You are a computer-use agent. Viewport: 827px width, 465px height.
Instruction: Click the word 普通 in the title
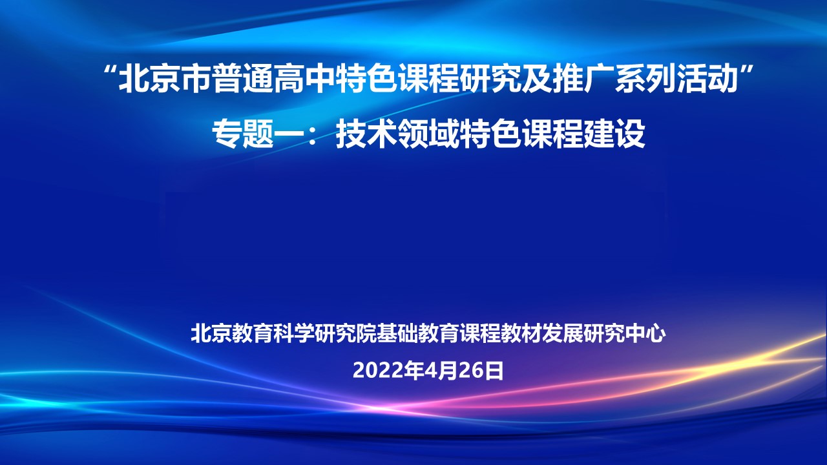pos(242,79)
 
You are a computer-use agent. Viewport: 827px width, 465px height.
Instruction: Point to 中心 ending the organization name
pos(645,334)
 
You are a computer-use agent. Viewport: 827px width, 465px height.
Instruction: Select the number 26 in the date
pos(472,371)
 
